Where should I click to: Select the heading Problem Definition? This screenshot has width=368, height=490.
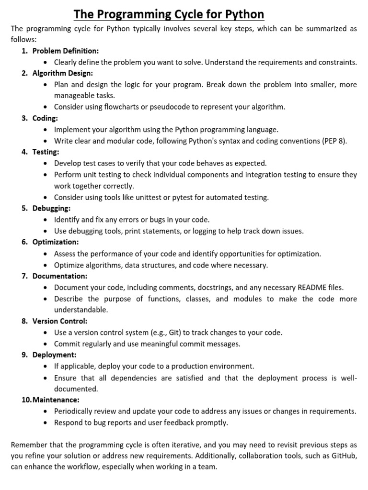[x=66, y=51]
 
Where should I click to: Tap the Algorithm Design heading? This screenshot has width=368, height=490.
[x=63, y=73]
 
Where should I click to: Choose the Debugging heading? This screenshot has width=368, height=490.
[x=52, y=208]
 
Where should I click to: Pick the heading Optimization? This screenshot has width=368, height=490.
[x=56, y=242]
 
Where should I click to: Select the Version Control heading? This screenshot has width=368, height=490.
[x=60, y=321]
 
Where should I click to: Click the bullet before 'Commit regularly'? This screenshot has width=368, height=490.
[x=45, y=344]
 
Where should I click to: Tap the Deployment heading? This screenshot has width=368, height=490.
[x=54, y=355]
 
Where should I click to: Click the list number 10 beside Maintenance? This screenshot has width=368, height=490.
[x=26, y=400]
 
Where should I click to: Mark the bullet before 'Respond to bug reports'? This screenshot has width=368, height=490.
[x=45, y=423]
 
